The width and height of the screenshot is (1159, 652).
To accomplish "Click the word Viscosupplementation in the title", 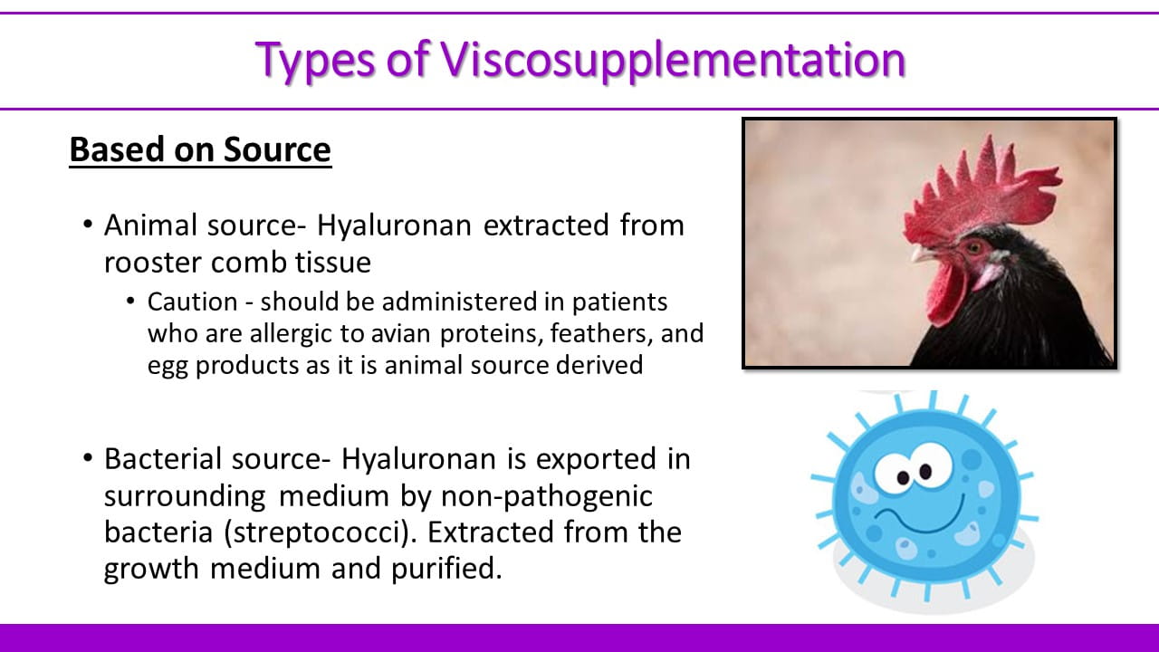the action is (673, 61).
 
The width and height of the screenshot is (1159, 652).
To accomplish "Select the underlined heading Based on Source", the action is (200, 150).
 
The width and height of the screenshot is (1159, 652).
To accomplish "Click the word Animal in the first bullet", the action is (150, 225).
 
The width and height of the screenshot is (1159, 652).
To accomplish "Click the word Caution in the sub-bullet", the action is (193, 302).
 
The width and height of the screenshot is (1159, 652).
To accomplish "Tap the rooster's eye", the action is (974, 247).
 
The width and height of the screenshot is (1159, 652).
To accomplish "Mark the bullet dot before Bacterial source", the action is (88, 458).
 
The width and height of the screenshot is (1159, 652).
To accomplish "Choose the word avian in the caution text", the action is (400, 333).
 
